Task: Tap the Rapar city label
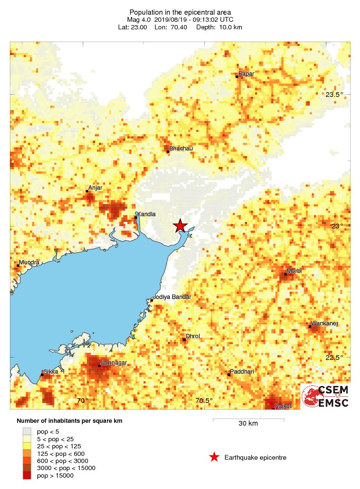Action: [246, 74]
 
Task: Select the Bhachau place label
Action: [181, 148]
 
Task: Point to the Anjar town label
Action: [95, 188]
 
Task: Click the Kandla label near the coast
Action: [146, 214]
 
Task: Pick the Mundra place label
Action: [29, 262]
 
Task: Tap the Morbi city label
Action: [294, 271]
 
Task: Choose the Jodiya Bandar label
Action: [172, 297]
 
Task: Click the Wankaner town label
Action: [324, 323]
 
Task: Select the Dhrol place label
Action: [193, 336]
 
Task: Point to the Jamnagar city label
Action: [114, 363]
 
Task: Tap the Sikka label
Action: [51, 372]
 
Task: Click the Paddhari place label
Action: [242, 372]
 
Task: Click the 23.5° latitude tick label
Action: [334, 95]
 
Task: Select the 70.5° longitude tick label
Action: [204, 401]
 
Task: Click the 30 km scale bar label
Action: [248, 424]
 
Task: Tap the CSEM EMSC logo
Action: [325, 396]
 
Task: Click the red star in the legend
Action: [214, 457]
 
